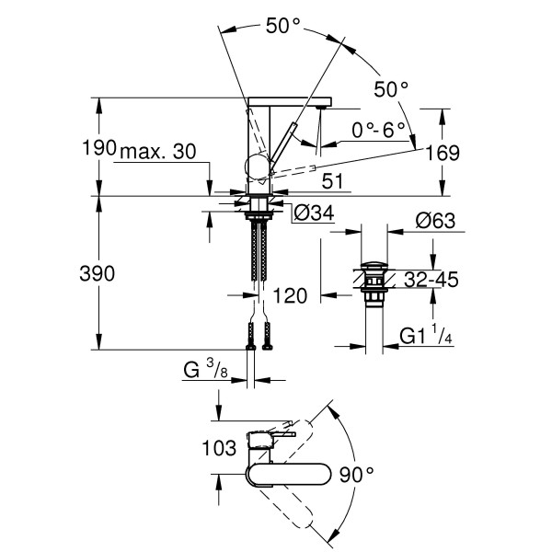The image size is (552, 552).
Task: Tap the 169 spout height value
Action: coord(443,152)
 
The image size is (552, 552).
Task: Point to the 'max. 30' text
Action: coord(158,151)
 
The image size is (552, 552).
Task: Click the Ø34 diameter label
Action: coord(312,214)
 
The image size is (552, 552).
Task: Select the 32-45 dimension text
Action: coord(433,280)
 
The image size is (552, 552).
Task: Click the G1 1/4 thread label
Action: coord(426,339)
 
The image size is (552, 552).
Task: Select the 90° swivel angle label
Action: coord(357,475)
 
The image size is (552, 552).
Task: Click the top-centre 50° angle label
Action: coord(284,27)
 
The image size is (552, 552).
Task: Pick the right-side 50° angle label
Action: coord(390,89)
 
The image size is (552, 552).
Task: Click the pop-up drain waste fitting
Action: coord(374,282)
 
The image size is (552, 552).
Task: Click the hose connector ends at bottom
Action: coord(258,337)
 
